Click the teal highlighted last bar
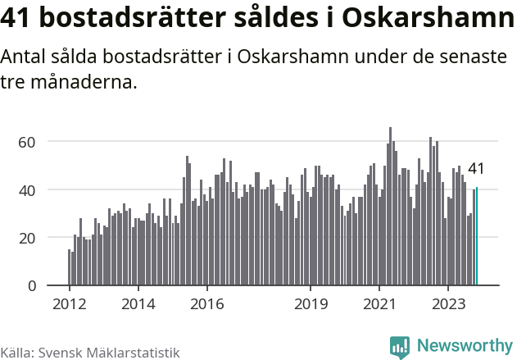pyautogui.click(x=477, y=237)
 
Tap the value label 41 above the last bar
pyautogui.click(x=476, y=169)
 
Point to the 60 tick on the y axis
pyautogui.click(x=27, y=142)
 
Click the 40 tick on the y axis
pyautogui.click(x=27, y=190)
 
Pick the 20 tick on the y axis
pyautogui.click(x=27, y=238)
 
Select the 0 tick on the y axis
pyautogui.click(x=32, y=286)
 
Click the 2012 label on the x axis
pyautogui.click(x=69, y=303)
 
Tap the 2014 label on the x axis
pyautogui.click(x=138, y=303)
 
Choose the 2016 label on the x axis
pyautogui.click(x=206, y=303)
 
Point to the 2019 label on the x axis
pyautogui.click(x=311, y=303)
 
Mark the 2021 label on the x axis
pyautogui.click(x=379, y=303)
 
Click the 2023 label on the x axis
pyautogui.click(x=448, y=303)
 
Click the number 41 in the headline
pyautogui.click(x=20, y=19)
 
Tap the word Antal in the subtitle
pyautogui.click(x=26, y=57)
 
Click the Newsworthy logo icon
pyautogui.click(x=400, y=347)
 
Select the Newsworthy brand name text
pyautogui.click(x=465, y=346)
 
